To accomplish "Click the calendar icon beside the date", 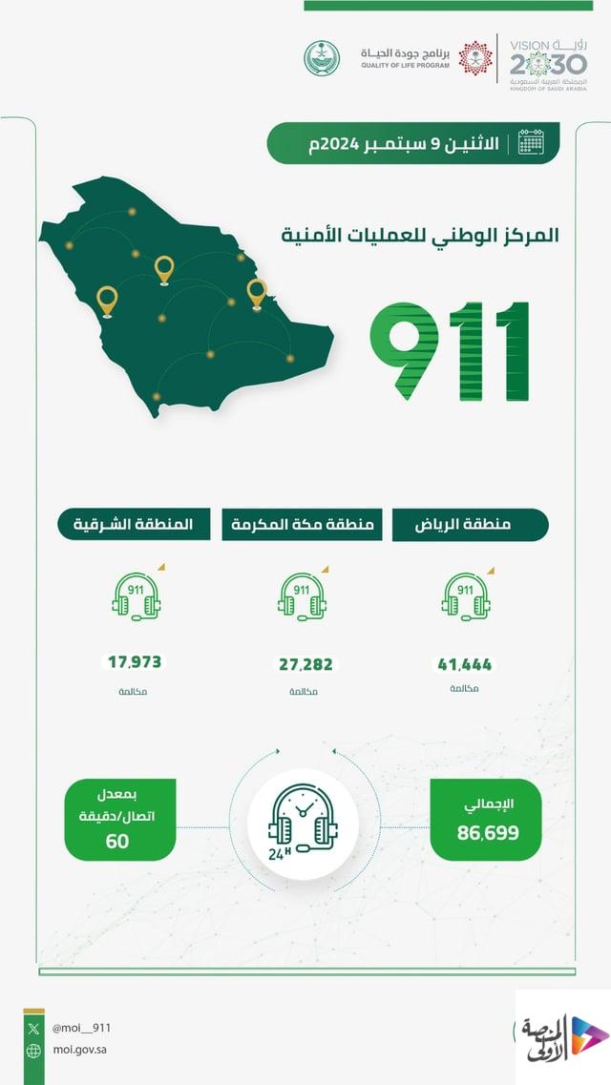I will (531, 143).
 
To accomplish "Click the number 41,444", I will (465, 665).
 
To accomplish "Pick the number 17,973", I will (135, 661).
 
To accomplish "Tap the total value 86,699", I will (487, 833).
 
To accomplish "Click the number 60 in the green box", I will (118, 841).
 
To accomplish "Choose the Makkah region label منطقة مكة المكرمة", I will (302, 525).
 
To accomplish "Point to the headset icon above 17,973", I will (136, 599).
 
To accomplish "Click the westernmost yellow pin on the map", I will (106, 301).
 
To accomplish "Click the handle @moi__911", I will (81, 1028).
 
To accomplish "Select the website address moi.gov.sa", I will (81, 1051).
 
